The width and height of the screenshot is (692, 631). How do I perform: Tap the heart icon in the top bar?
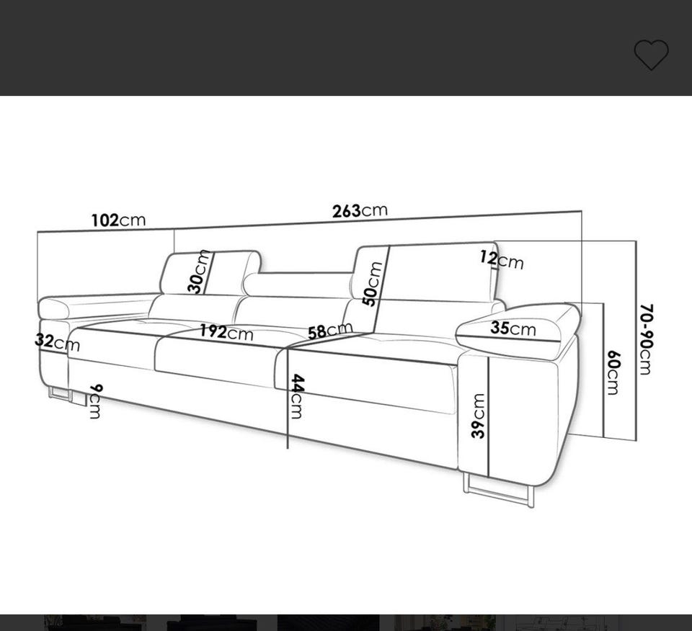pos(652,54)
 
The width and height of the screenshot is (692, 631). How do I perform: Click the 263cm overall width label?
pos(360,211)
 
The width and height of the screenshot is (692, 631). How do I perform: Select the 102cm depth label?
pos(118,220)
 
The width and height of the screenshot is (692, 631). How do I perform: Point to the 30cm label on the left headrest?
pos(198,271)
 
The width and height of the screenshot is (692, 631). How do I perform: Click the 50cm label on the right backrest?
pos(372,284)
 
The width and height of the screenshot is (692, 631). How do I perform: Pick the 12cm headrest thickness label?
pos(502,260)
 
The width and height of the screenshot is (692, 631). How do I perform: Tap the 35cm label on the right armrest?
pos(513,328)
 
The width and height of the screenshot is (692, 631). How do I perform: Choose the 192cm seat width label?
pos(226,333)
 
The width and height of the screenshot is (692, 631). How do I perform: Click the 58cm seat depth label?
pos(330,331)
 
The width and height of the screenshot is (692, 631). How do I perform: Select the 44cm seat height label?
pos(296,396)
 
